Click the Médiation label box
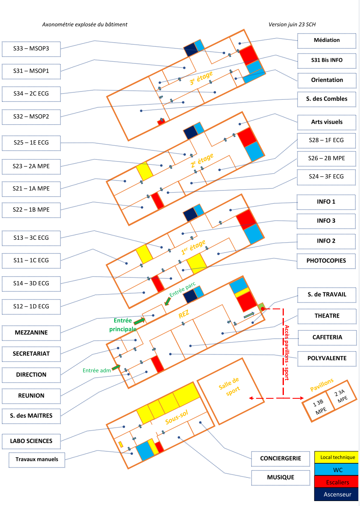pos(326,41)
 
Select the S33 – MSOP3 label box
pos(31,49)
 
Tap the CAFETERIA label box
pos(327,337)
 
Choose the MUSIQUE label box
pos(281,477)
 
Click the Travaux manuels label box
pos(37,460)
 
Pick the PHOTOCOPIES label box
pos(326,261)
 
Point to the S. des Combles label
pos(326,99)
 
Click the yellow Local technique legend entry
pos(336,458)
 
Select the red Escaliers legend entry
pos(336,482)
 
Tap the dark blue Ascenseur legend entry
pos(336,495)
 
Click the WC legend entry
pos(336,470)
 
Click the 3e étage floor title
pos(201,78)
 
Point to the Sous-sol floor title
pos(177,417)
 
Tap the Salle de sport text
pos(230,387)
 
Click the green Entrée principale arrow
pos(139,321)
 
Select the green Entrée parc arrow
pos(168,301)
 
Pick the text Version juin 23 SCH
pos(292,24)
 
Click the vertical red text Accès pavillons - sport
pos(287,353)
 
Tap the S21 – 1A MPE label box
pos(31,189)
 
